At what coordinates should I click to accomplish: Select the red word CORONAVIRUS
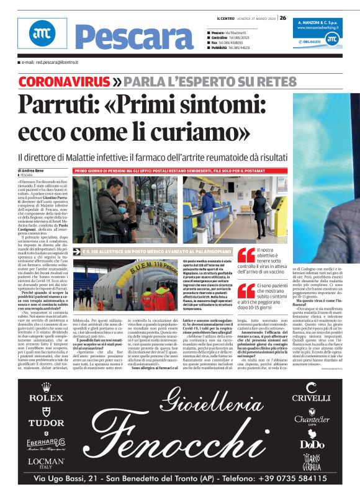click(56, 81)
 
